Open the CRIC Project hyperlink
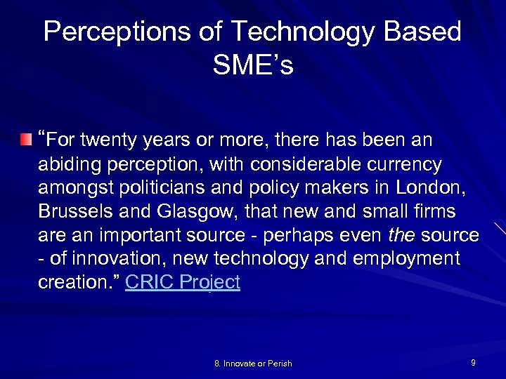(x=183, y=282)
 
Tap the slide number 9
(x=473, y=362)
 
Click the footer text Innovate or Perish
(x=253, y=363)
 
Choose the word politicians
(x=152, y=187)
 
